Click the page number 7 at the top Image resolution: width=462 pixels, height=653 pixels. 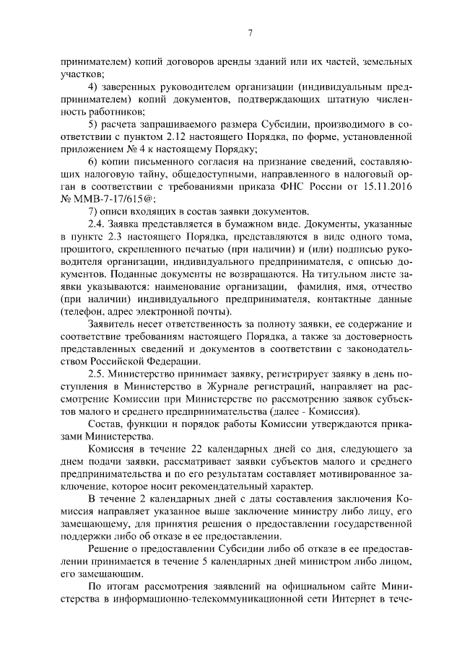[x=248, y=32]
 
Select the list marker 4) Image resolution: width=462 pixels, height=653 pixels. [x=93, y=87]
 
